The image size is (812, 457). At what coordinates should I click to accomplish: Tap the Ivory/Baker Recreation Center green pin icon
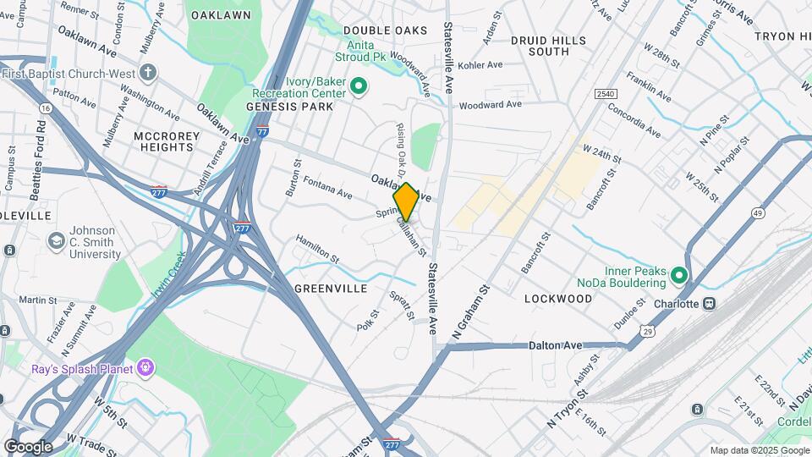[x=358, y=85]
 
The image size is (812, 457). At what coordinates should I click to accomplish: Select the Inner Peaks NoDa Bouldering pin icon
[x=678, y=276]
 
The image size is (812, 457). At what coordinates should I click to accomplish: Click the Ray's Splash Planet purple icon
[x=146, y=368]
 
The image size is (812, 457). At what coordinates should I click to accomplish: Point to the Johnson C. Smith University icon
[x=57, y=241]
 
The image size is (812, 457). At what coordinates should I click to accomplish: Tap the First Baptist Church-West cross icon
[x=149, y=72]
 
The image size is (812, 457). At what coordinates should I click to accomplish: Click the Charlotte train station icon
[x=710, y=303]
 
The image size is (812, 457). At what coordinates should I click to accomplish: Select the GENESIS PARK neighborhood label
[x=290, y=107]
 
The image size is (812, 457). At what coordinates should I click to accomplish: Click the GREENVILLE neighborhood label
[x=331, y=289]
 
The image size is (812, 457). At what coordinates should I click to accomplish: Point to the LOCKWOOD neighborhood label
[x=557, y=299]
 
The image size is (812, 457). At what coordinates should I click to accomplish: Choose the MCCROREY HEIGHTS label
[x=167, y=141]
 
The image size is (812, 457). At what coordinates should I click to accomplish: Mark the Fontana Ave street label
[x=327, y=188]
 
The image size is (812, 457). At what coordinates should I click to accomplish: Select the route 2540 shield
[x=605, y=94]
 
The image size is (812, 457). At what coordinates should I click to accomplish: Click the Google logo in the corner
[x=28, y=446]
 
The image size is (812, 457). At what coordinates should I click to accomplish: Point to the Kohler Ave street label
[x=480, y=64]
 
